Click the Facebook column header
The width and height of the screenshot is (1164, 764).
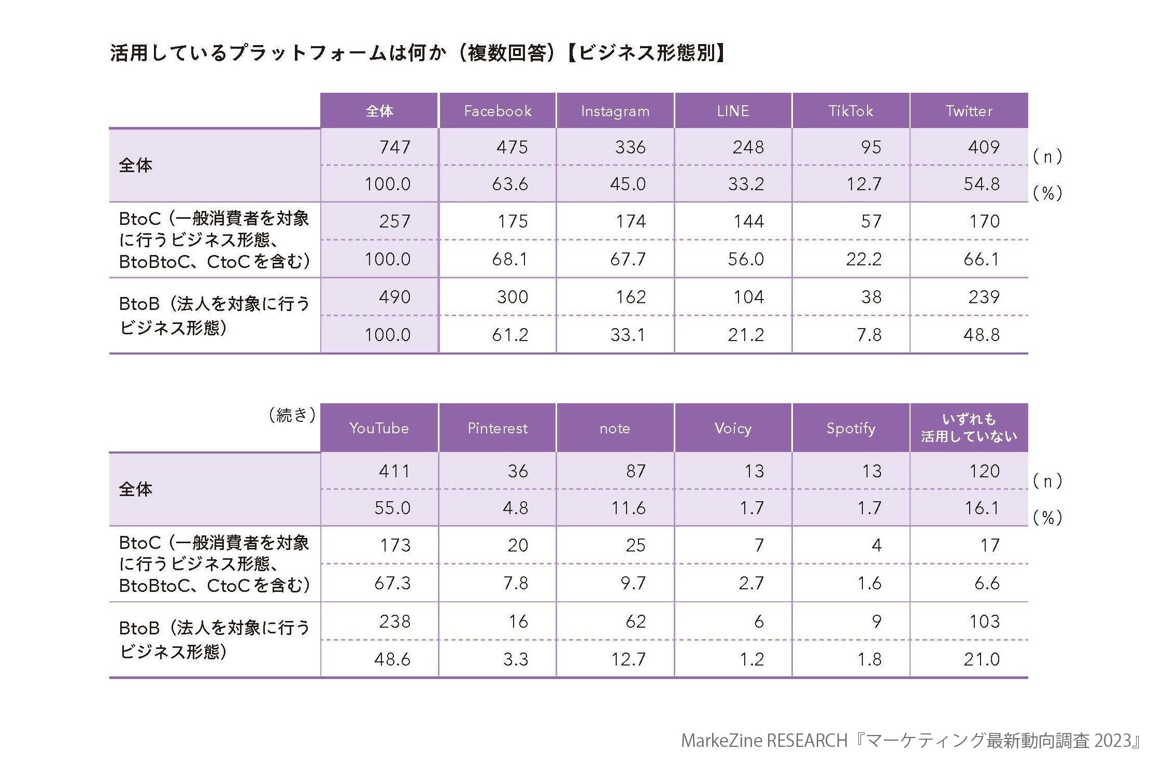click(x=498, y=111)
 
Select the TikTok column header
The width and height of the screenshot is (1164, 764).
click(x=850, y=111)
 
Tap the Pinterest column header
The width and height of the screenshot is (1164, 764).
click(x=498, y=428)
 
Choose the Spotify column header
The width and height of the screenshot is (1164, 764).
click(x=850, y=428)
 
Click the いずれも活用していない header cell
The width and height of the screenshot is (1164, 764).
click(x=969, y=428)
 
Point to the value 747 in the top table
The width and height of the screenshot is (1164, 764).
click(x=395, y=147)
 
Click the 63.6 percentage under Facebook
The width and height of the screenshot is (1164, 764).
click(x=510, y=184)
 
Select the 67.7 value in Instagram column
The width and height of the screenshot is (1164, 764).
click(x=628, y=259)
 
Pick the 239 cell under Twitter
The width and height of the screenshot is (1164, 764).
click(x=984, y=297)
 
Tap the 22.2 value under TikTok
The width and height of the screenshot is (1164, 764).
click(x=863, y=259)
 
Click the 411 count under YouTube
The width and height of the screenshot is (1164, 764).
click(x=395, y=471)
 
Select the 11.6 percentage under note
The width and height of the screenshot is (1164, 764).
click(x=628, y=508)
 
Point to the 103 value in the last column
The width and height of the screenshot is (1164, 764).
click(x=984, y=621)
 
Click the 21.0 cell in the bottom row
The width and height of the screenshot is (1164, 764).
click(x=982, y=659)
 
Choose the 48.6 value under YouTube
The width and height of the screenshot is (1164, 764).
click(x=392, y=659)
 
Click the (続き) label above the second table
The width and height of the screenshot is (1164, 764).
click(x=292, y=415)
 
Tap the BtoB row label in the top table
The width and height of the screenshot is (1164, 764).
click(x=214, y=315)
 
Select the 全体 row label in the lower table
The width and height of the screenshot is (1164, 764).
click(x=136, y=489)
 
